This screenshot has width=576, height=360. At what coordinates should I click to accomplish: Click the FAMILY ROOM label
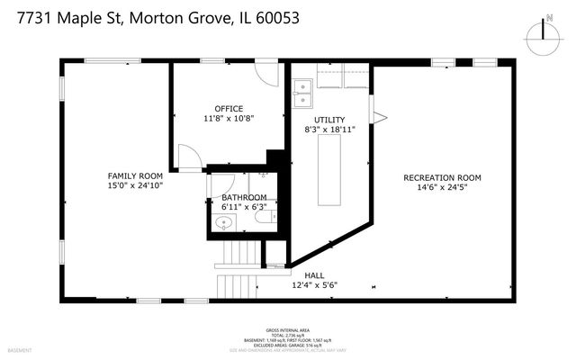(134, 175)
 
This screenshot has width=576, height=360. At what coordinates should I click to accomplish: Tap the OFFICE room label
(228, 109)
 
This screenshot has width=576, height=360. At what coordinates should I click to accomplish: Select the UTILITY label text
(328, 120)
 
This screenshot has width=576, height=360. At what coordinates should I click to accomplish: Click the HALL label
(314, 276)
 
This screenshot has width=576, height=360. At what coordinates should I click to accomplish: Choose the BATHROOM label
(244, 197)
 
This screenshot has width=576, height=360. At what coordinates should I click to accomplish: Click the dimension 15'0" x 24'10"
(134, 186)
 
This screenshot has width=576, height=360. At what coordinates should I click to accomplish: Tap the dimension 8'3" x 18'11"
(329, 130)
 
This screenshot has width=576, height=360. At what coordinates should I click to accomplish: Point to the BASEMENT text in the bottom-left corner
(20, 349)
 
